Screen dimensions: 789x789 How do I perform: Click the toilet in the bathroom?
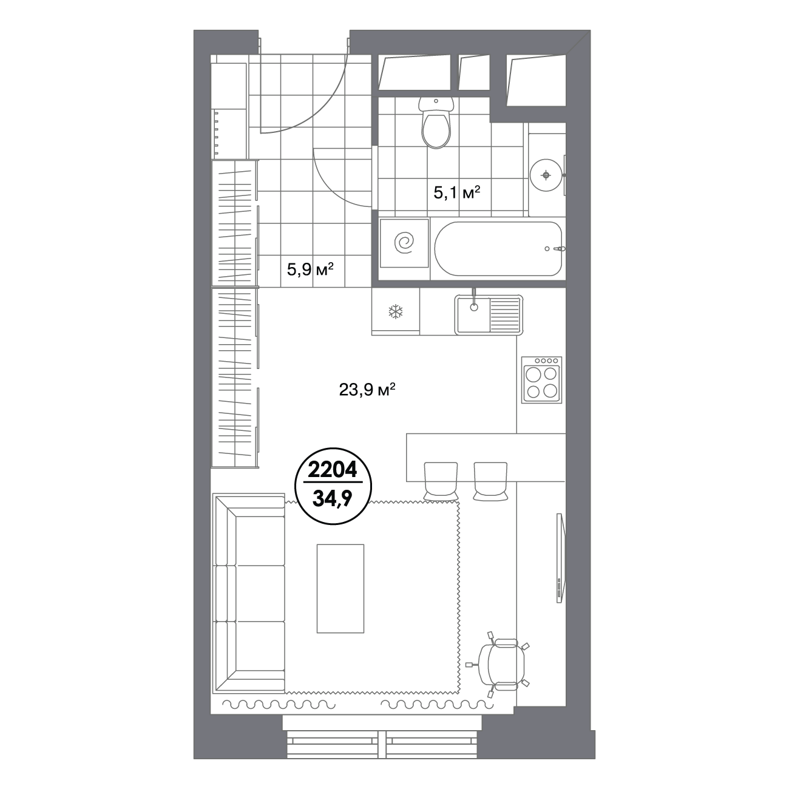pos(436,122)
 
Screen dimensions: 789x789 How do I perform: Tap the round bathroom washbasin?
pos(546,175)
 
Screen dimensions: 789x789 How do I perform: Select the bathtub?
pos(498,248)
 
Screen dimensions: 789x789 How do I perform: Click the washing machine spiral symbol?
pos(404,243)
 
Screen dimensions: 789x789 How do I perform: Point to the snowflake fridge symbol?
pos(396,312)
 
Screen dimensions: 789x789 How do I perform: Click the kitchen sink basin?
pos(474,314)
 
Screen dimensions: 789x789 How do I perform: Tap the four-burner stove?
pos(542,379)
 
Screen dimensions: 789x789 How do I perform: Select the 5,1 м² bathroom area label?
pos(456,192)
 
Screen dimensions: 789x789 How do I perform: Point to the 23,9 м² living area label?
pos(367,390)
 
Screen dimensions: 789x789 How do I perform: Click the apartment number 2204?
pos(333,470)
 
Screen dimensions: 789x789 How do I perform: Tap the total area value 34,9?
pos(333,498)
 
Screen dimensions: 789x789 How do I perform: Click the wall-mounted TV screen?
pos(561,558)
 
